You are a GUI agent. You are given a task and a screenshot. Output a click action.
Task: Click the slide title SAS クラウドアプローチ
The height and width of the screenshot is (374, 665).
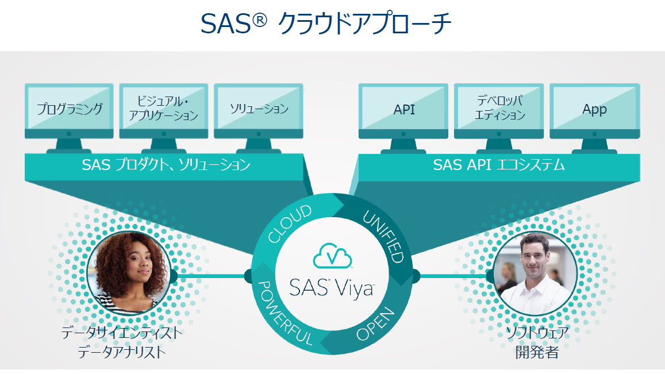tap(325, 24)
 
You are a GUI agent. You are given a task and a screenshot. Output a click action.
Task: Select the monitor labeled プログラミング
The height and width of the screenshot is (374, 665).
tap(69, 109)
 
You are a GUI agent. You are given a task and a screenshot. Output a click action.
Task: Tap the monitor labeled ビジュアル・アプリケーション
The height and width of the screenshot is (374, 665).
tap(163, 109)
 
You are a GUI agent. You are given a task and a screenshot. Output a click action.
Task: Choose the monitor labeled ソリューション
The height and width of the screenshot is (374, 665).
tap(258, 109)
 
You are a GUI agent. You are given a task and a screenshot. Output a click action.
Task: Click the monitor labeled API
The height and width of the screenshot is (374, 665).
tap(403, 110)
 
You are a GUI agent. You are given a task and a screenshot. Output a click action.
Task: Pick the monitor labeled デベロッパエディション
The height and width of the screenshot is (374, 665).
tap(498, 109)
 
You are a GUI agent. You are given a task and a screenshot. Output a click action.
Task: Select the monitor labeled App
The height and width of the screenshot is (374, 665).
tap(594, 109)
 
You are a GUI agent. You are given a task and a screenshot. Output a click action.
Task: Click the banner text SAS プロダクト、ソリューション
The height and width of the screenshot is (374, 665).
tap(166, 165)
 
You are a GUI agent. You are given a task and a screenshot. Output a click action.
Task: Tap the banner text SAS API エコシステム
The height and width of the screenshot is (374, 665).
tap(499, 165)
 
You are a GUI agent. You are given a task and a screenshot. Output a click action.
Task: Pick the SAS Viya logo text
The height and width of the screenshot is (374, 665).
tap(332, 286)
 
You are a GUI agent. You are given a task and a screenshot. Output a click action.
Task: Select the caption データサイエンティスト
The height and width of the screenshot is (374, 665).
tap(122, 333)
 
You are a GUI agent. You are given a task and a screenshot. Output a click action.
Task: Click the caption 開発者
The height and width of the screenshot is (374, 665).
tap(536, 352)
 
